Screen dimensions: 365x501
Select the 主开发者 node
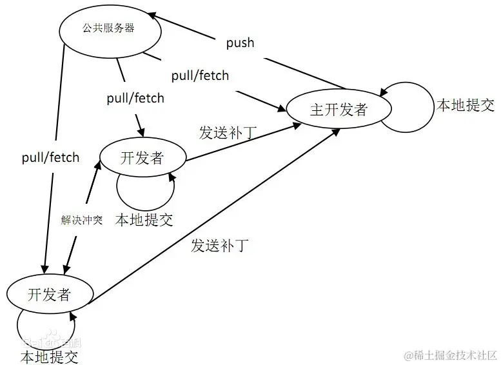(x=339, y=109)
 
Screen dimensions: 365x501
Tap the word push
(x=240, y=43)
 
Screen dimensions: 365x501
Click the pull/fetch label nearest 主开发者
(x=200, y=75)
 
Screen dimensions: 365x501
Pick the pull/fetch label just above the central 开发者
(x=135, y=99)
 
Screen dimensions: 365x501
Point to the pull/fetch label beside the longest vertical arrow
(x=50, y=157)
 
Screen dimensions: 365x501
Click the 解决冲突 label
(x=82, y=220)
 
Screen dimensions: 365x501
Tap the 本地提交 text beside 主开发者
(x=466, y=106)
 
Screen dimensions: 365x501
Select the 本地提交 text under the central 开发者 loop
(x=144, y=220)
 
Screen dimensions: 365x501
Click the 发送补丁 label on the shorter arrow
(x=228, y=133)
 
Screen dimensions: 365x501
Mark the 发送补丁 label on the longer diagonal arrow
(x=220, y=245)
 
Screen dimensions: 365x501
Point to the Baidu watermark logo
(x=52, y=342)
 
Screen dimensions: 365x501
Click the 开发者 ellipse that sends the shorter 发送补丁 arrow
(x=142, y=157)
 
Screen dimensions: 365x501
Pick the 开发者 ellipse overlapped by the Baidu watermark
(x=49, y=295)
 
